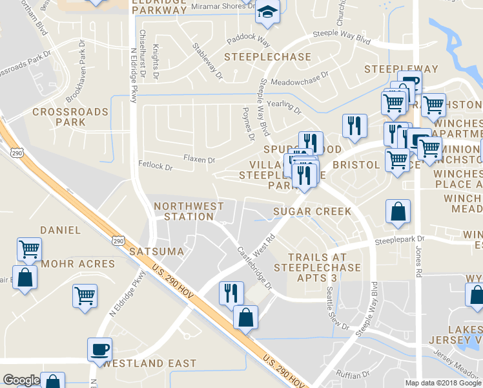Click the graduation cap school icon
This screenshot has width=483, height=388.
(267, 12)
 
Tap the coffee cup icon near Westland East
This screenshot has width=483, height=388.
(100, 350)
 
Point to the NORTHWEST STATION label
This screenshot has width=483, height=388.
(189, 211)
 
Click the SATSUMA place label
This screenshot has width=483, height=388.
(157, 250)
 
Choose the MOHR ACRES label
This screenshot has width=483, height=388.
(78, 264)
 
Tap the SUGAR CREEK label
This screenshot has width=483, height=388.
(312, 211)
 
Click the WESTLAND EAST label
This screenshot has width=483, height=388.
(149, 363)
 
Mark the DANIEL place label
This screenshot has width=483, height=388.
(61, 230)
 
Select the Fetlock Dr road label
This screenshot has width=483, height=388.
(156, 167)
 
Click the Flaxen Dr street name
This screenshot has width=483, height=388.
(199, 158)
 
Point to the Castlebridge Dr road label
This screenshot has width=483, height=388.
(254, 268)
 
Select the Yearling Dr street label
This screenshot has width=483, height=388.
(285, 106)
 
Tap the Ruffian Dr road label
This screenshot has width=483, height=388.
(356, 374)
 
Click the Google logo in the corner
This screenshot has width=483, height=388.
(21, 380)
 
